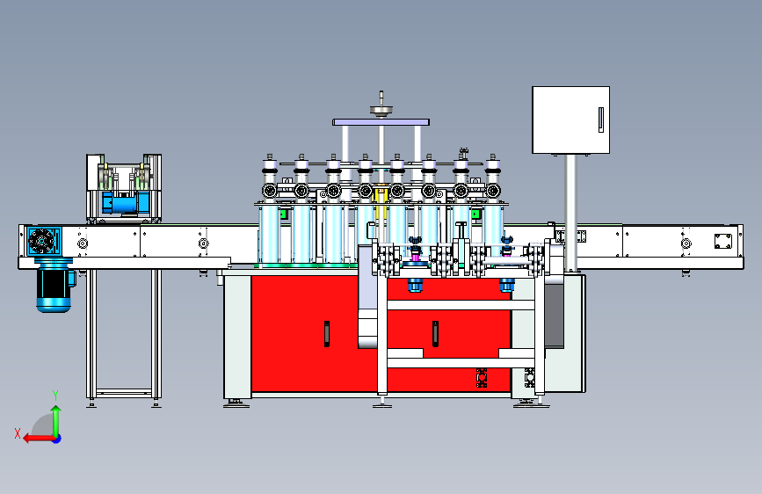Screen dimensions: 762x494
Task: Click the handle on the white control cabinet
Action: click(x=601, y=120)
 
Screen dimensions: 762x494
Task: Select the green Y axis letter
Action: click(x=55, y=395)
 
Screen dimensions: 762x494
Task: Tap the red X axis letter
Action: click(x=18, y=433)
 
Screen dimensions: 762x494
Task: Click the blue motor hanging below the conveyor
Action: click(x=54, y=286)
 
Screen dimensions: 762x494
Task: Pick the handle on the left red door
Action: click(x=327, y=333)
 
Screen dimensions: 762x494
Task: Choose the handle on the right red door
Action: click(x=435, y=333)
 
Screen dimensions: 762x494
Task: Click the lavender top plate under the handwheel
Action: click(x=381, y=122)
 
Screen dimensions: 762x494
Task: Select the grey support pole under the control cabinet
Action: click(x=571, y=213)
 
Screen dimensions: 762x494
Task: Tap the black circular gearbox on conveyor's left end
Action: click(x=41, y=241)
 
